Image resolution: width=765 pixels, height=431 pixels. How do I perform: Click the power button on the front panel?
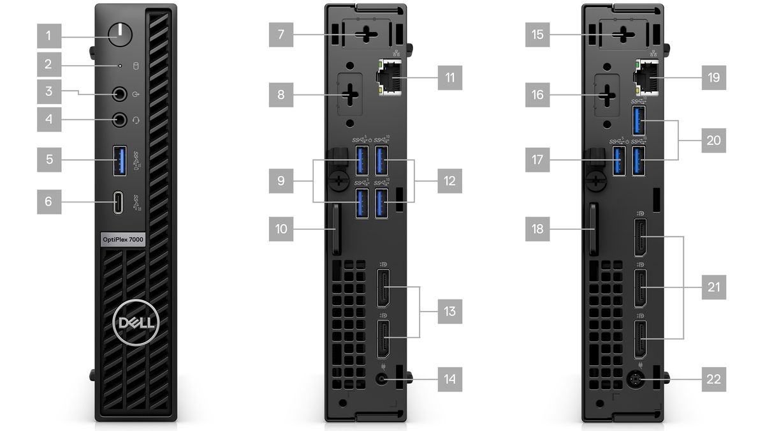click(x=120, y=35)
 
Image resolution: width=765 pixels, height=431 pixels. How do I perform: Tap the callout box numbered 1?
click(x=49, y=36)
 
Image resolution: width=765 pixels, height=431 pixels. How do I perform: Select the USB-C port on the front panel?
click(x=118, y=202)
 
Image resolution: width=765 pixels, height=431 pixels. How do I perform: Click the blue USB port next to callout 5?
click(x=120, y=161)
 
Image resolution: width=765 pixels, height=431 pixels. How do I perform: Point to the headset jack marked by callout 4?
click(x=120, y=120)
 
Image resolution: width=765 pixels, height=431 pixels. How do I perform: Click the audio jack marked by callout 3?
click(x=120, y=94)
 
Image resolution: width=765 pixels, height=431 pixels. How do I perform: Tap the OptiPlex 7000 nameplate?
click(x=123, y=239)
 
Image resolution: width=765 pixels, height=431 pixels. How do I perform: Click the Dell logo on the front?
click(x=136, y=322)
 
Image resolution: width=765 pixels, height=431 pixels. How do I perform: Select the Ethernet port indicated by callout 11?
click(x=390, y=77)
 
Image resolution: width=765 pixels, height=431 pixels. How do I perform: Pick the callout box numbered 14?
click(x=450, y=379)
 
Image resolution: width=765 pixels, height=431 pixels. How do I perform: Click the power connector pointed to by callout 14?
click(x=382, y=379)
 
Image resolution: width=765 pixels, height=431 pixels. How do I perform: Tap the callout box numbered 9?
click(x=281, y=181)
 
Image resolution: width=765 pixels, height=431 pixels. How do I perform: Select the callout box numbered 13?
click(x=450, y=312)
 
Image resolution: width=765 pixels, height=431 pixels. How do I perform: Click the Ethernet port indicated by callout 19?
click(x=646, y=77)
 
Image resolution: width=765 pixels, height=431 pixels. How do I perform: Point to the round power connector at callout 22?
click(x=636, y=379)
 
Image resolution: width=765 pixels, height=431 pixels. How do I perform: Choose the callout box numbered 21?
click(x=714, y=287)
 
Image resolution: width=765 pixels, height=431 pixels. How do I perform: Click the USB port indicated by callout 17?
click(x=619, y=161)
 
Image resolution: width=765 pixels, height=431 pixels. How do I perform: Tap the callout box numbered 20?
click(x=714, y=140)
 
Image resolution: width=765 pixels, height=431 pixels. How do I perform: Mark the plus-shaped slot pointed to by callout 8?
click(x=350, y=95)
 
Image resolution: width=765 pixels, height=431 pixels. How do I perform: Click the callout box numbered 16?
click(x=537, y=95)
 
